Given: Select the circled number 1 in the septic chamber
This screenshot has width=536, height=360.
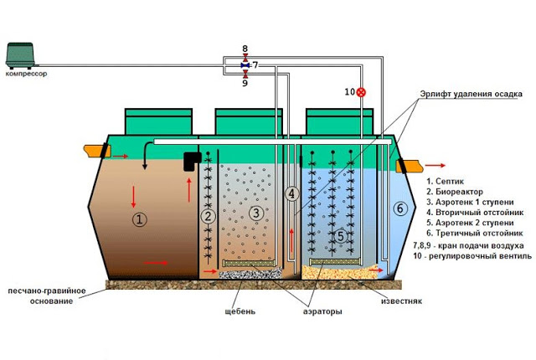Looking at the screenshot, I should coord(140,219).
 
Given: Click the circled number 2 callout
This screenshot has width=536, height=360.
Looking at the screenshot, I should coord(209,217).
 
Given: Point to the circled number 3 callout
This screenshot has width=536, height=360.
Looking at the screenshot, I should coord(256,214).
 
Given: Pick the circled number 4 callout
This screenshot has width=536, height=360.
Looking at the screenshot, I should coord(291,193).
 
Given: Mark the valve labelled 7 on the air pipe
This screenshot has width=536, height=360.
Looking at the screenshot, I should coord(245,64).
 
